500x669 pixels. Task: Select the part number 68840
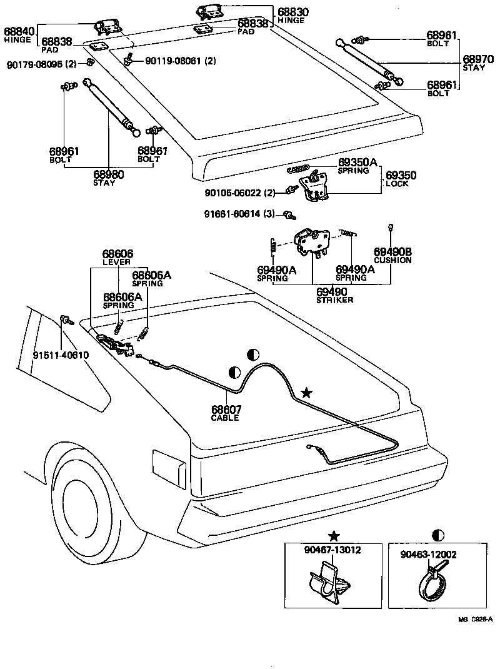point(19,31)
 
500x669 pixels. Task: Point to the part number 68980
point(109,174)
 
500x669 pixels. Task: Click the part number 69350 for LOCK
point(401,176)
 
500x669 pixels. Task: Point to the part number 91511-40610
point(61,355)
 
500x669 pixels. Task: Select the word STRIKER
point(335,300)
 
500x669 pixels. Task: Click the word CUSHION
point(392,260)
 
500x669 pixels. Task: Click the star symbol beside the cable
point(306,393)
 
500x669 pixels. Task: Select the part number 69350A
point(357,163)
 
